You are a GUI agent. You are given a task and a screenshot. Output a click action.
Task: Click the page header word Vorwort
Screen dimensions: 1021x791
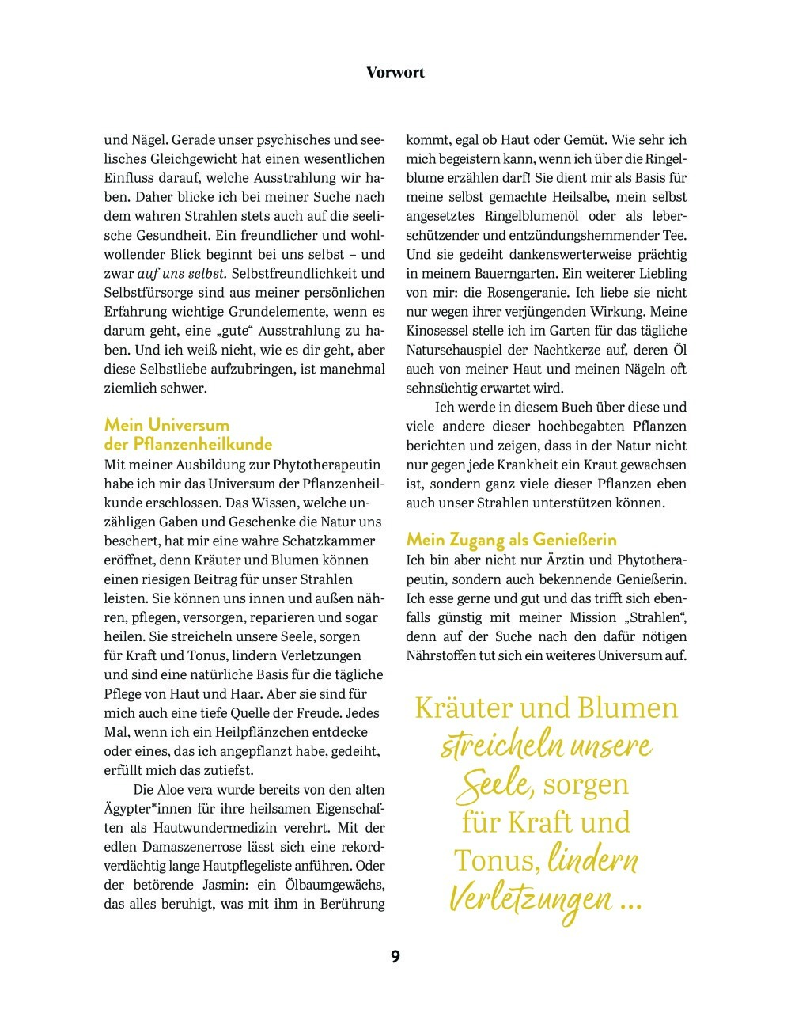pos(395,72)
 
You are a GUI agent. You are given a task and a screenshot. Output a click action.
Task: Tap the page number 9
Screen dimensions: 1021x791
pos(395,957)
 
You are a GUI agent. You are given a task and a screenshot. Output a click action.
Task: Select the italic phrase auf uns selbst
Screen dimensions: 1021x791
pos(182,274)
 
